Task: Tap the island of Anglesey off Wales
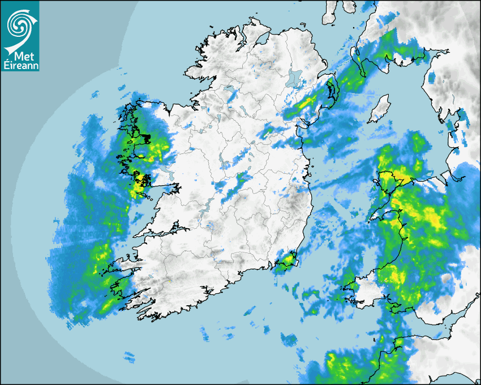(390, 179)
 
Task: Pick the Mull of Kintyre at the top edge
(330, 14)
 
